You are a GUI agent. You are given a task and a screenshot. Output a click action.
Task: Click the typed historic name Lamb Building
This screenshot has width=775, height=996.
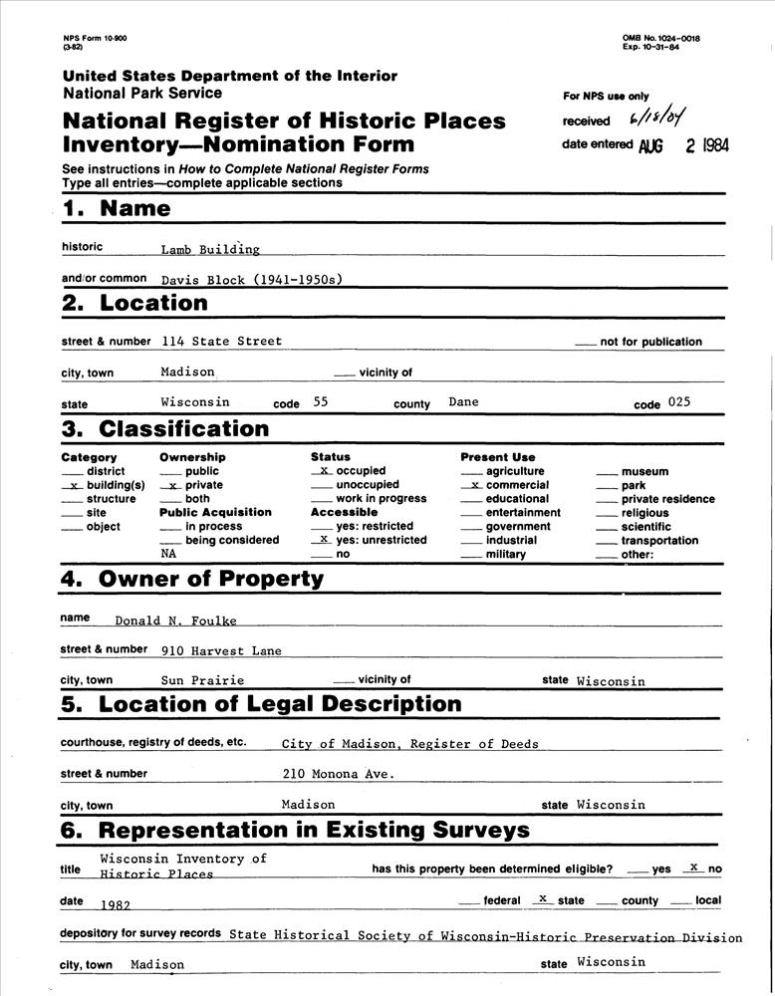[210, 250]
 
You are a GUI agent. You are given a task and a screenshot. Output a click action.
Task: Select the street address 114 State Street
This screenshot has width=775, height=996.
[221, 342]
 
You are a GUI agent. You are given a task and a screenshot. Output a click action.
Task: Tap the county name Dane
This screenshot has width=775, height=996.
[463, 402]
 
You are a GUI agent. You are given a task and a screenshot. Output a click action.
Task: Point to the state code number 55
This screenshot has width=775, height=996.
[320, 403]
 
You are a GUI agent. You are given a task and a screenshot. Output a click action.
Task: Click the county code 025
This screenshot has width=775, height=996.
[679, 403]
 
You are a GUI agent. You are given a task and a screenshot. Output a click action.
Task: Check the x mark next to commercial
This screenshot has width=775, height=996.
[475, 485]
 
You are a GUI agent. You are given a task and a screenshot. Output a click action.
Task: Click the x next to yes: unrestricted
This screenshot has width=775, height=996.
[324, 539]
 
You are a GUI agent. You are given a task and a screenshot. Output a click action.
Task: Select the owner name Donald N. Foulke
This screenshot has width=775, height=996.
[174, 621]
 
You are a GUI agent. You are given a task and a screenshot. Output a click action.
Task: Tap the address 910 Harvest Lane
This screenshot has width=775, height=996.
[221, 651]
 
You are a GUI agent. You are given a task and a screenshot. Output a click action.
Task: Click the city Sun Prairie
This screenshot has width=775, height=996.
[202, 681]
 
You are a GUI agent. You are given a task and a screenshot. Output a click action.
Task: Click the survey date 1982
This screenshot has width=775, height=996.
[116, 904]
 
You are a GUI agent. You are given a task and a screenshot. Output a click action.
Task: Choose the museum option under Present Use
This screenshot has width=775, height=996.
[645, 471]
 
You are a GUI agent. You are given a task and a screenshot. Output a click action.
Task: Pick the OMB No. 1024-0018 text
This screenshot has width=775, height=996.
[661, 38]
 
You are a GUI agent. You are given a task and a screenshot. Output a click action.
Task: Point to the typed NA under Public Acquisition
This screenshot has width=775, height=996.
[169, 552]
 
